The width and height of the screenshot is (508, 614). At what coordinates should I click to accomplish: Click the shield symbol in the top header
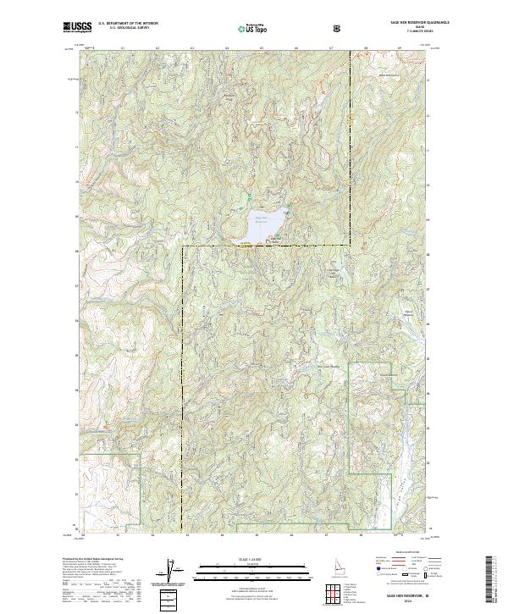(x=339, y=28)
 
